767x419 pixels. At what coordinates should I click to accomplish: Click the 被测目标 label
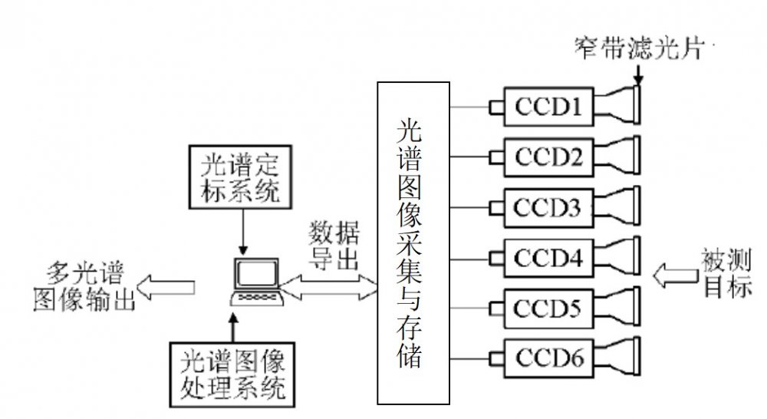click(x=727, y=273)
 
